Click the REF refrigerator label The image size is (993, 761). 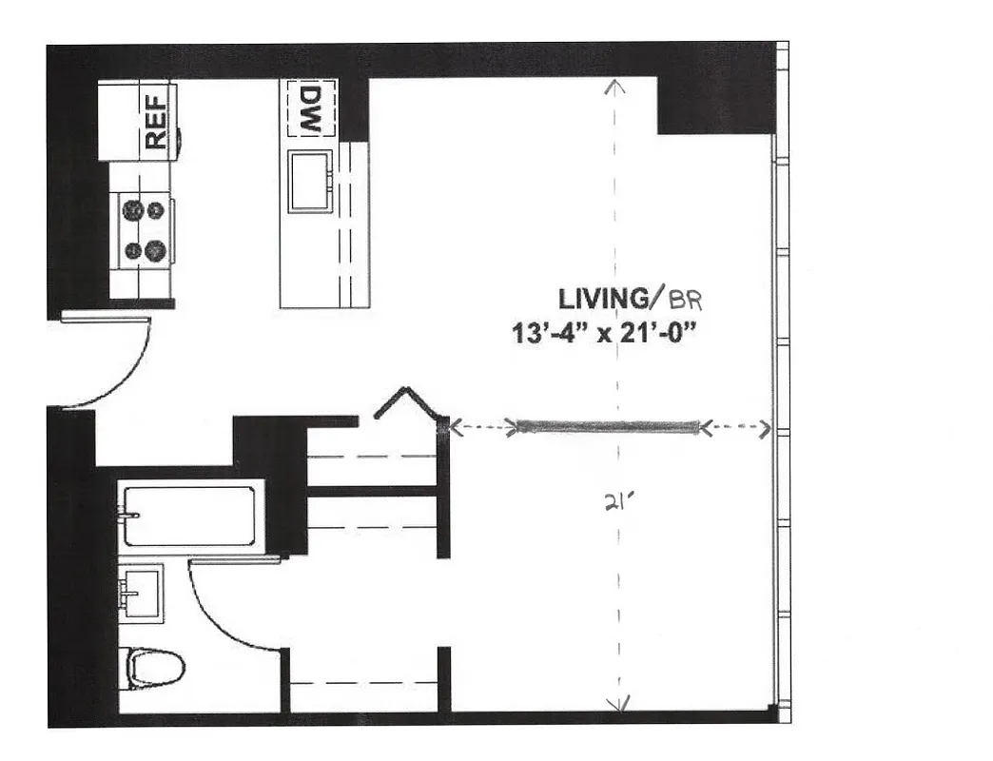(156, 118)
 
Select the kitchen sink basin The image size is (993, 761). (310, 181)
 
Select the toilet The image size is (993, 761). (154, 668)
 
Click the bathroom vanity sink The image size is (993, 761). (141, 593)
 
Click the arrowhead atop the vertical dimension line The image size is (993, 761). (615, 88)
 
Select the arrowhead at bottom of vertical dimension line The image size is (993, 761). (619, 704)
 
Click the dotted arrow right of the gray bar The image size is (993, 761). (735, 429)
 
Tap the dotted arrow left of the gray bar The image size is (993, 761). (482, 428)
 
